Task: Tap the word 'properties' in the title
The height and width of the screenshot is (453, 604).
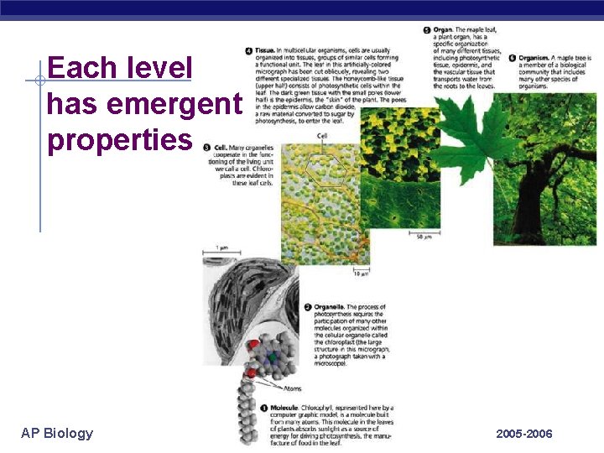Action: (120, 140)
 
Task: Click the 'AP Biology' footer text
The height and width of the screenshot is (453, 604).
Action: (57, 433)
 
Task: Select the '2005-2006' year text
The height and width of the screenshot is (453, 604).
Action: (524, 434)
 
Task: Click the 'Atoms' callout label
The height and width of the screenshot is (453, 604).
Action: (292, 388)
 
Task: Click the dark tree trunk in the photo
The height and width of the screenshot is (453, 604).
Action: (530, 210)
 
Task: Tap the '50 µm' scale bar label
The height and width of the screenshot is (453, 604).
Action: (424, 237)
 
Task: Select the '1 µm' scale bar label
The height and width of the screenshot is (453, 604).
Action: (221, 248)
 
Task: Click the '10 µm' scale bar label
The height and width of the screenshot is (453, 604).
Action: (361, 273)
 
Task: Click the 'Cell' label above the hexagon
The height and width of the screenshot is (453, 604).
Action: (322, 136)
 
